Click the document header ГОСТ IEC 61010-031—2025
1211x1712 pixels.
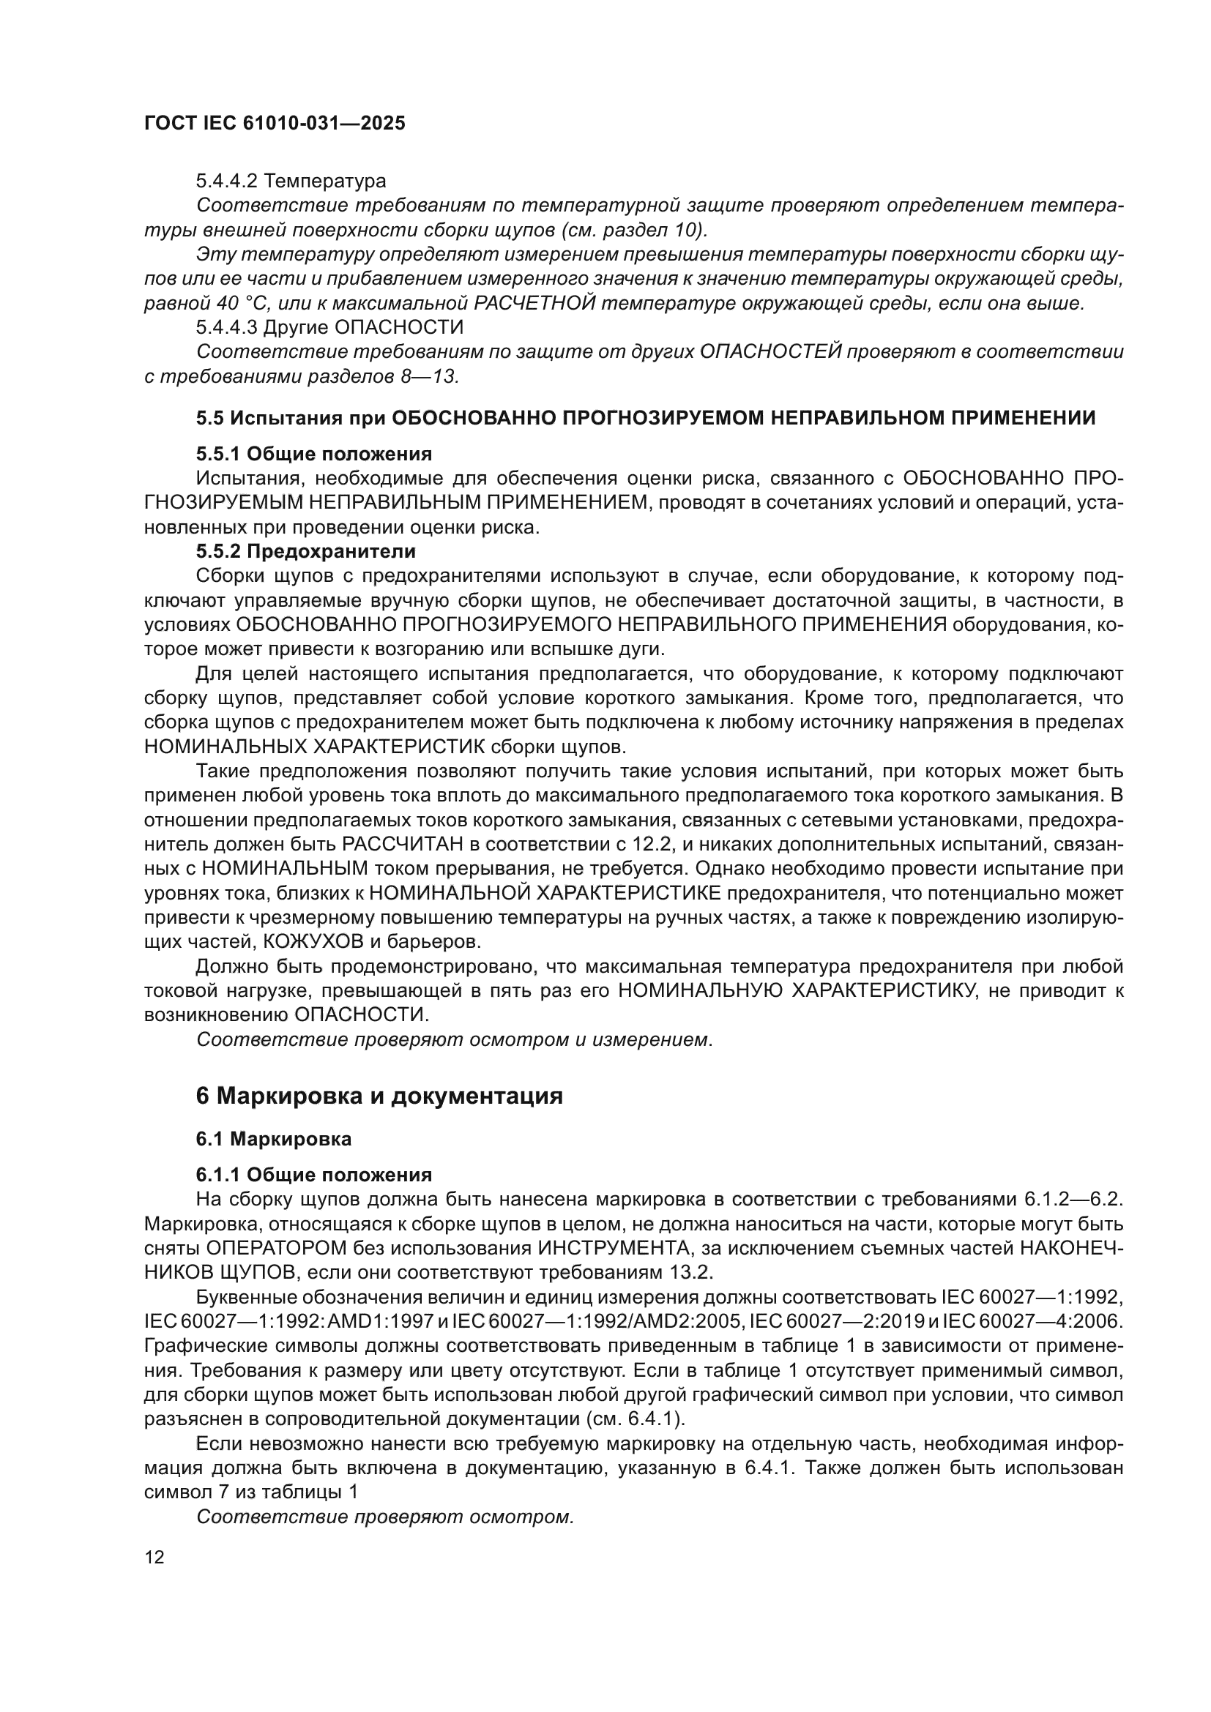[275, 124]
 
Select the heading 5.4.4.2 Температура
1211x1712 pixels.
[291, 181]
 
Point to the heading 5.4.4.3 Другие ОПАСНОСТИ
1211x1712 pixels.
[329, 327]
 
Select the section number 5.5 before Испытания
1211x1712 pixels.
[209, 419]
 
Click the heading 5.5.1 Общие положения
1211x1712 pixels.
[314, 454]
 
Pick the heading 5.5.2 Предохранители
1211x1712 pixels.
[306, 552]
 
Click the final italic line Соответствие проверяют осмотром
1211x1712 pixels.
[385, 1516]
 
